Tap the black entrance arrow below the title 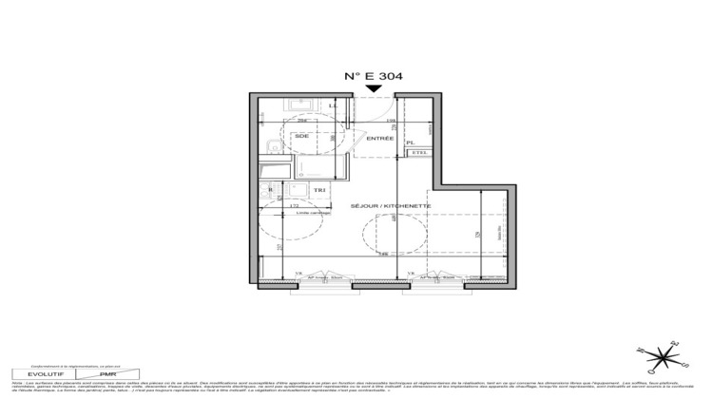pyautogui.click(x=375, y=90)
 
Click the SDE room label pyautogui.click(x=303, y=136)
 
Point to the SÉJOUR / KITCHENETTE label pyautogui.click(x=392, y=205)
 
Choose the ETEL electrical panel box pyautogui.click(x=417, y=153)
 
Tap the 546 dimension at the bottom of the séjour pyautogui.click(x=382, y=255)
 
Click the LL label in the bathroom pyautogui.click(x=332, y=104)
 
